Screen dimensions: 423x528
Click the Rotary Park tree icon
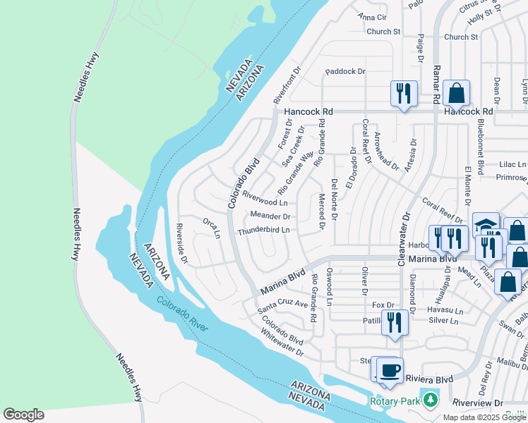coord(429,401)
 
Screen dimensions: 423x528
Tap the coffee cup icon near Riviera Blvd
coord(390,370)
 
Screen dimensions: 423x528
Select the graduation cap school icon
coord(486,225)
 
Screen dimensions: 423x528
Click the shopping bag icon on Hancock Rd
coord(457,93)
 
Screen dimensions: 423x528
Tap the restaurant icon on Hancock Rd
coord(404,93)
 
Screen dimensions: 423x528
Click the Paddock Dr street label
coord(344,71)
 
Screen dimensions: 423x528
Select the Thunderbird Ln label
coord(264,231)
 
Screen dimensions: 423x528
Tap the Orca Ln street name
coord(212,228)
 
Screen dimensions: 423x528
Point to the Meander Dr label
coord(270,216)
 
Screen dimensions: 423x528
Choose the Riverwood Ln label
coord(263,197)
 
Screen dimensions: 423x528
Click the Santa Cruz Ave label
coord(282,305)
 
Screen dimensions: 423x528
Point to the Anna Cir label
coord(373,17)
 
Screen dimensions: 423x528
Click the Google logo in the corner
coord(23,414)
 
